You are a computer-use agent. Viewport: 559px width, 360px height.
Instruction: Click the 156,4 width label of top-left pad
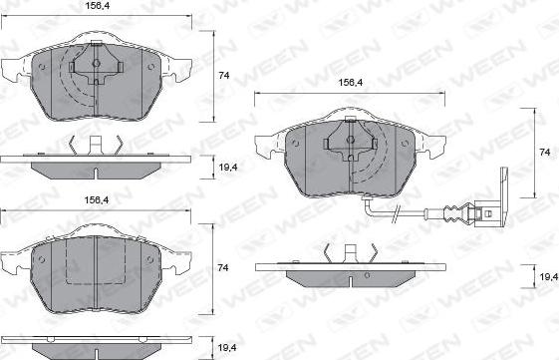(x=98, y=6)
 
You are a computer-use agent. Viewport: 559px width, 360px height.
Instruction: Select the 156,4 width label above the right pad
(x=351, y=83)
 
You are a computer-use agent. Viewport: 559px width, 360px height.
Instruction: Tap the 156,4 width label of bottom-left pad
(x=97, y=200)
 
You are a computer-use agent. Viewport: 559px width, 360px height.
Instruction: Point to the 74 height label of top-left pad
(x=224, y=75)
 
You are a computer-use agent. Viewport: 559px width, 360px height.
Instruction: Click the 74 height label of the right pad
(x=545, y=152)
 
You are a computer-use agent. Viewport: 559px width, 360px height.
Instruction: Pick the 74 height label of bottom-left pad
(x=223, y=267)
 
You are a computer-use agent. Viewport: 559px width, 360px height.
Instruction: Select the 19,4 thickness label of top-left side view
(x=228, y=167)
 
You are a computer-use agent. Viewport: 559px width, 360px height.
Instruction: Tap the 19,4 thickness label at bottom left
(x=227, y=347)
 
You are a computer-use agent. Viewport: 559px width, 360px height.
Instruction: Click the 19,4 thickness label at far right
(x=549, y=276)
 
